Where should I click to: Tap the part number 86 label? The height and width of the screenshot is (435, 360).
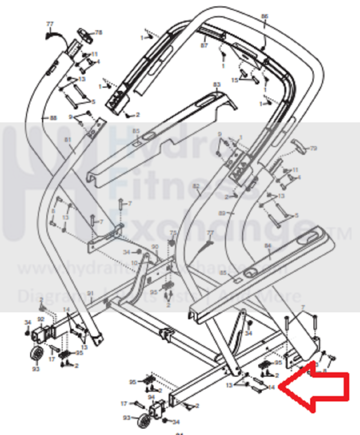click(x=265, y=16)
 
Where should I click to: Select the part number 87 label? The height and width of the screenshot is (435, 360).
click(x=204, y=45)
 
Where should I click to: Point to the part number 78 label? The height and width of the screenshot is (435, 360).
click(x=99, y=32)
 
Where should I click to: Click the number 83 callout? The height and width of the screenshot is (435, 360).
click(x=217, y=84)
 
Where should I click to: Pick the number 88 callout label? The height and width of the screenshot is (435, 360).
click(x=53, y=118)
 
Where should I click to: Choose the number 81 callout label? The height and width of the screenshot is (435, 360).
click(x=68, y=140)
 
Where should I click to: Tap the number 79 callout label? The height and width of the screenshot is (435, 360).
click(x=313, y=148)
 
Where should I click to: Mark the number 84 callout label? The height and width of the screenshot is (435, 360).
click(x=267, y=246)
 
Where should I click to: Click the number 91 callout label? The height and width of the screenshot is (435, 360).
click(x=91, y=293)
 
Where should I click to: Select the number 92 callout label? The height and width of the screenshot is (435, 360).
click(x=41, y=319)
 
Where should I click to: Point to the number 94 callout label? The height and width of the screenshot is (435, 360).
click(x=151, y=397)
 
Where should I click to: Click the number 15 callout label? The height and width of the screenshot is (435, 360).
click(x=235, y=80)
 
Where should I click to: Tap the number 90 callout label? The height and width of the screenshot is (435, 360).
click(x=155, y=246)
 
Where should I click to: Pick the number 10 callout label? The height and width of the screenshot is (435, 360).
click(x=134, y=263)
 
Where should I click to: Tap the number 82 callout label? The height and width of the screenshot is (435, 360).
click(x=196, y=186)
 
